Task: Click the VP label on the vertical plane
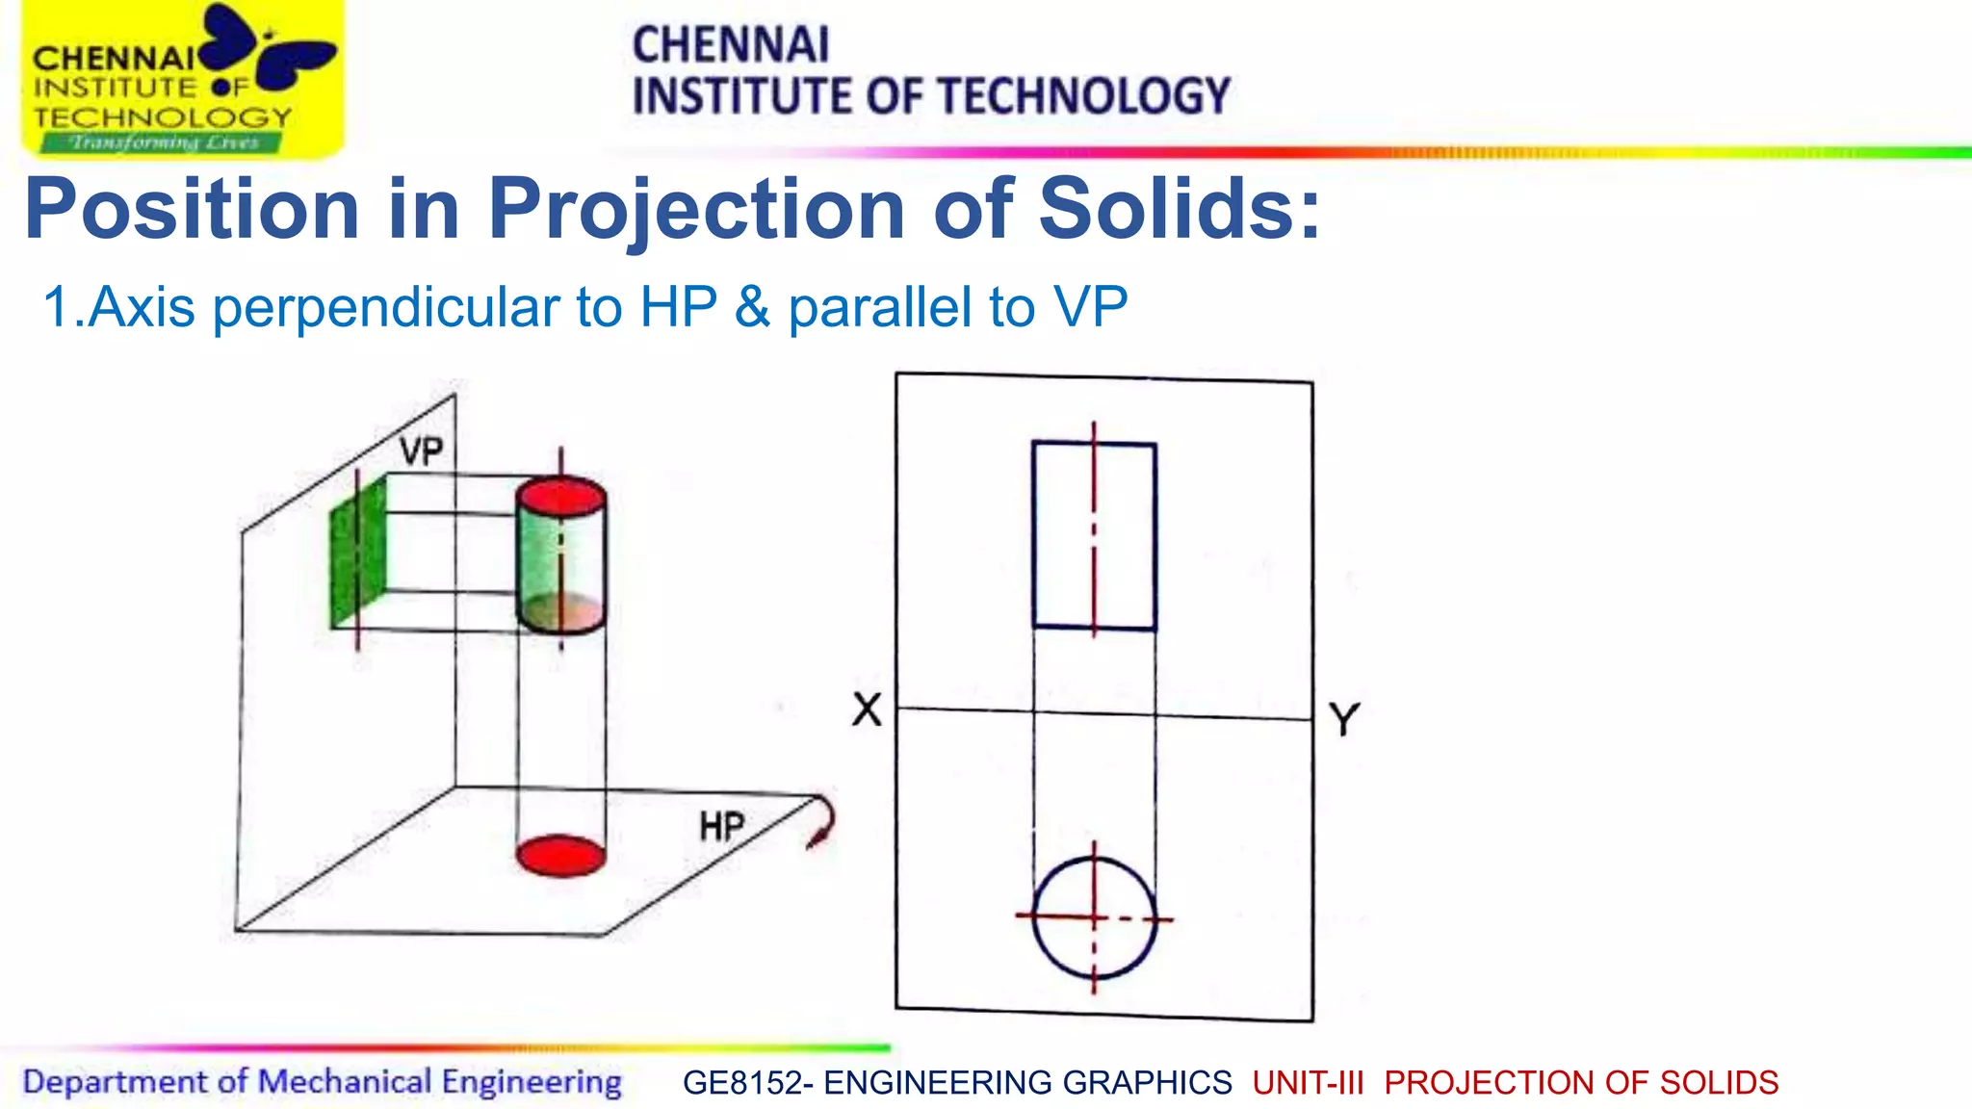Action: [422, 451]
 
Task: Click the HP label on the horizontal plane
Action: [721, 827]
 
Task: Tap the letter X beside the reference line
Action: [867, 710]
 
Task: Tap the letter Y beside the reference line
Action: [1344, 719]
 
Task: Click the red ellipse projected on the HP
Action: [560, 856]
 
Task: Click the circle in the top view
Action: [1094, 917]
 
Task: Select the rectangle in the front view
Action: [1094, 535]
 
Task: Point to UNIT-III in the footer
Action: [1308, 1083]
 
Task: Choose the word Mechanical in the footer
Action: [344, 1082]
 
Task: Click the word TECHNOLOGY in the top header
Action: [1084, 96]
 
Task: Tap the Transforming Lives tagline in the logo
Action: [164, 143]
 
